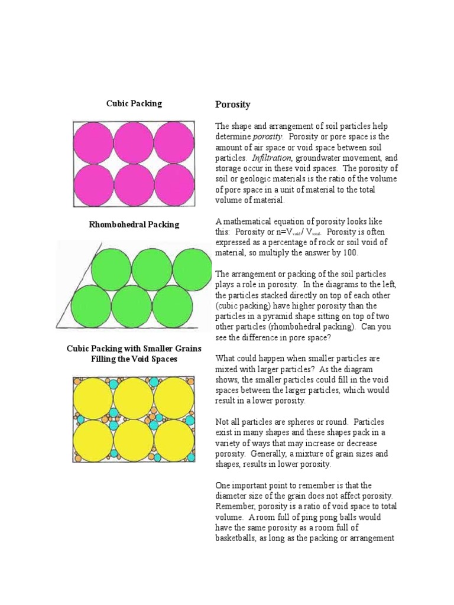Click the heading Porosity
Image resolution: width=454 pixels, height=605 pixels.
point(233,105)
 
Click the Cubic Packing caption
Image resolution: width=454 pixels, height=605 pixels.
point(134,103)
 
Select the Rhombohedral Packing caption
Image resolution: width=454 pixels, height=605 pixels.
point(134,225)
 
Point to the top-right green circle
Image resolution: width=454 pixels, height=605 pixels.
point(192,268)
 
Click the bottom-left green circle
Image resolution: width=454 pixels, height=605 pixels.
point(91,305)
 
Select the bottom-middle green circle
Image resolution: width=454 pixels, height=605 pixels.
point(131,305)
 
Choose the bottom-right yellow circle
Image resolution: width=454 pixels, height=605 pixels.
point(173,440)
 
